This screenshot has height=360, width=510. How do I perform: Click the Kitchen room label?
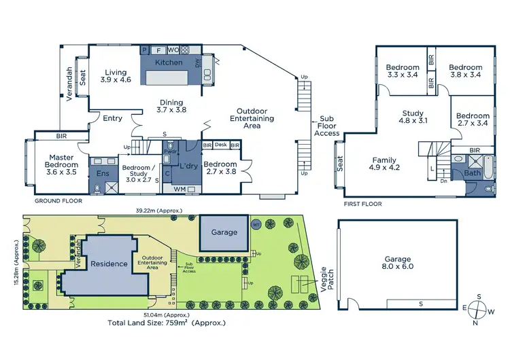click(169, 62)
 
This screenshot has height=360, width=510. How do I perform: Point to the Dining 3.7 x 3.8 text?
click(171, 106)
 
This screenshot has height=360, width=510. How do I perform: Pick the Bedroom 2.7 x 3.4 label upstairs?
click(473, 120)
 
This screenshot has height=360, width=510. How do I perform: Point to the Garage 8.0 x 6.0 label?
click(398, 263)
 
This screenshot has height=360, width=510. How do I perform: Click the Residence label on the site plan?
click(109, 264)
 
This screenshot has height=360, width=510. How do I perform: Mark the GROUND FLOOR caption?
click(58, 201)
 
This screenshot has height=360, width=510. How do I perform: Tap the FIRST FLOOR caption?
click(362, 204)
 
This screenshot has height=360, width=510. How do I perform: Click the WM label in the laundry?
click(180, 189)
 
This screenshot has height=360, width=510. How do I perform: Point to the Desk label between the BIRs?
click(221, 145)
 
